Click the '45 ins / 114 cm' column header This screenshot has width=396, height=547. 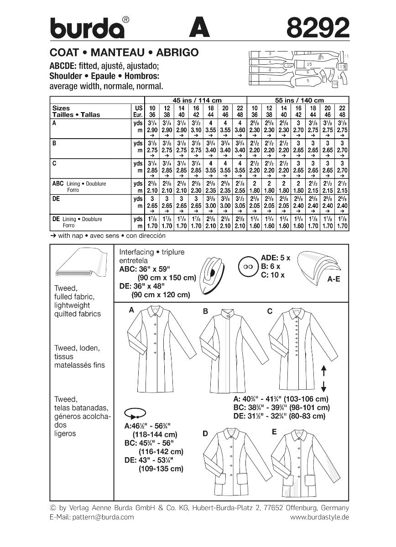tap(195, 100)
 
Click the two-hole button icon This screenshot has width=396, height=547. tap(249, 266)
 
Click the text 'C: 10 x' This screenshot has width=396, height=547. tap(272, 275)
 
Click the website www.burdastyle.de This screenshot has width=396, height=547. tap(319, 517)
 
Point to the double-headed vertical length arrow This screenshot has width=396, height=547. tap(323, 378)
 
